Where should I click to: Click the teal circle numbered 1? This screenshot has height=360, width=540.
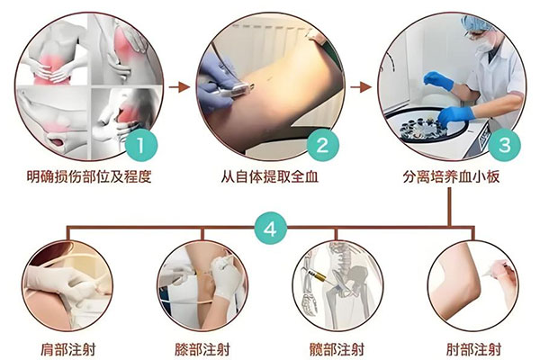[x=141, y=145]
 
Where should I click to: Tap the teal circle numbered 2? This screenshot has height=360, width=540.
[x=323, y=145]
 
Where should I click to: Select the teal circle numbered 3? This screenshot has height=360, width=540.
[x=505, y=145]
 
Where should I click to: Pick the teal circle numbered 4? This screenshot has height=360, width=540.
[x=270, y=229]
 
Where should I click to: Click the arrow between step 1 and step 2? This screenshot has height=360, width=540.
[x=179, y=87]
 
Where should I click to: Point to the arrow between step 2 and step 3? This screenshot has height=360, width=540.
[x=361, y=87]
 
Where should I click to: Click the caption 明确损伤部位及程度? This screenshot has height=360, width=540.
[x=89, y=177]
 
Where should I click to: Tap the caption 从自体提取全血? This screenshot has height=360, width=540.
[x=270, y=177]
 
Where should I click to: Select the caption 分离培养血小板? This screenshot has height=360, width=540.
[x=451, y=177]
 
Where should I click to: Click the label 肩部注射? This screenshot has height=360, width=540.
[x=67, y=350]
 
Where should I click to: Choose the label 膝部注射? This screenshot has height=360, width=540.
[x=202, y=350]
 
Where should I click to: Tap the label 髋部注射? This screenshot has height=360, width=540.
[x=337, y=350]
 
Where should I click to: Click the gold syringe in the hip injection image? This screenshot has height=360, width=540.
[x=319, y=276]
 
